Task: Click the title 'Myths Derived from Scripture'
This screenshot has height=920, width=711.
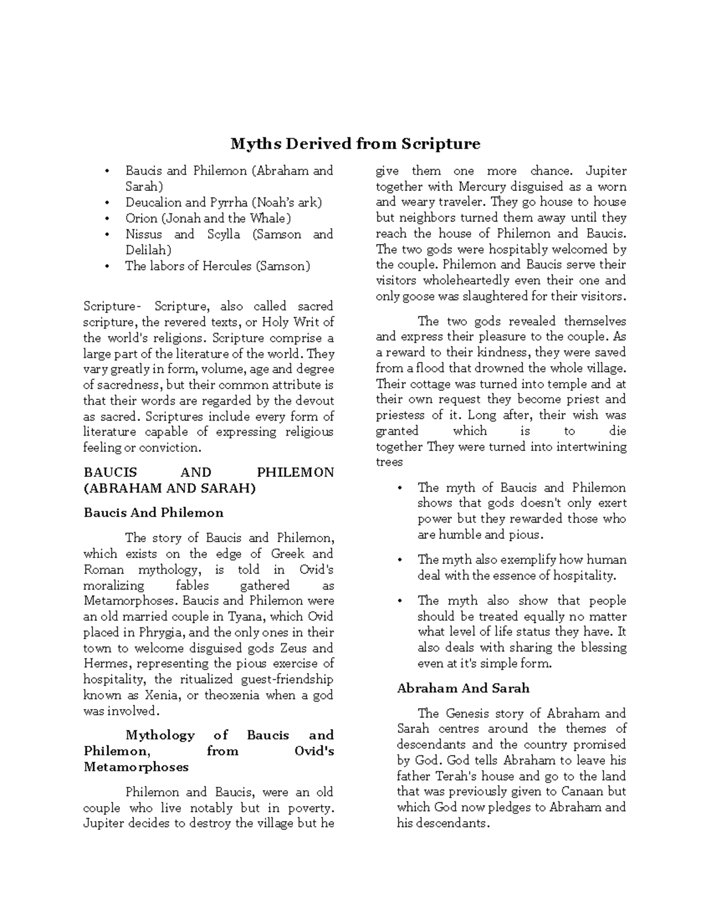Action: pyautogui.click(x=355, y=144)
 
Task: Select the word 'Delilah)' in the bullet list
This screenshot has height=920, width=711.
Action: pyautogui.click(x=148, y=250)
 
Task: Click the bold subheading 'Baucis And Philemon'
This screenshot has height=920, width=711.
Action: pyautogui.click(x=153, y=512)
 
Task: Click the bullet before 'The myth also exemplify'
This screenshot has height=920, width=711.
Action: pyautogui.click(x=401, y=560)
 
